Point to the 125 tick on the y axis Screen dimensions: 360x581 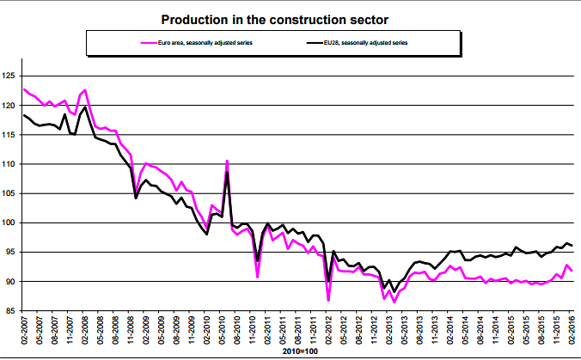click(x=11, y=76)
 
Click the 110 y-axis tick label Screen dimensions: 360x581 click(x=11, y=164)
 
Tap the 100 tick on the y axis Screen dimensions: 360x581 click(x=11, y=223)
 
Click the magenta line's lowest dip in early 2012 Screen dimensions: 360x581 click(x=328, y=300)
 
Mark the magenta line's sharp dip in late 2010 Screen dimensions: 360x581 click(x=258, y=277)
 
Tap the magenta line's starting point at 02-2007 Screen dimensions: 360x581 click(x=24, y=89)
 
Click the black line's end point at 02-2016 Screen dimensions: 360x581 click(x=572, y=247)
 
